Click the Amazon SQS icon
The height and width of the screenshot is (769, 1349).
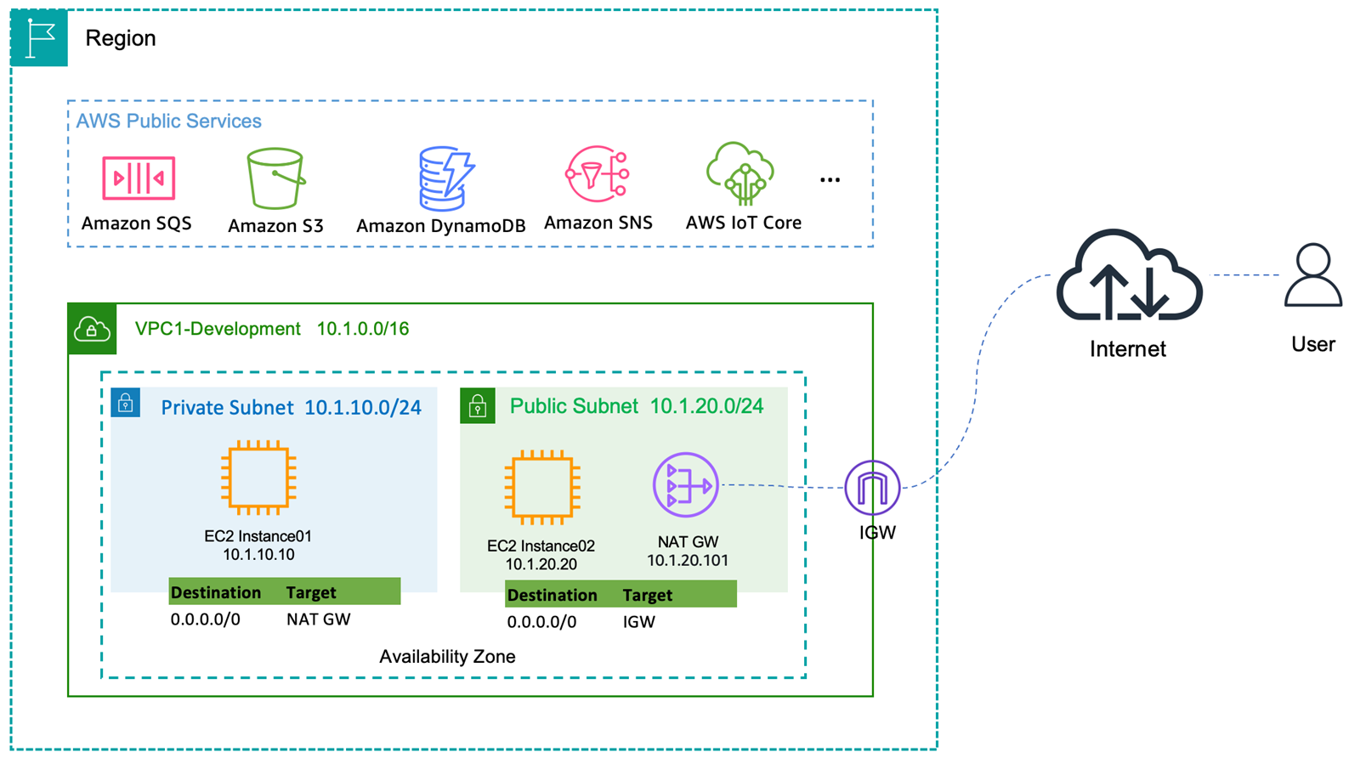(x=139, y=178)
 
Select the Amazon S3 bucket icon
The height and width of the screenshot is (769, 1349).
(x=275, y=178)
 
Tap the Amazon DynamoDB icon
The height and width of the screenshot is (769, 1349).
(x=445, y=178)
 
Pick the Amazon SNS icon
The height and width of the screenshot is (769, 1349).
(x=598, y=174)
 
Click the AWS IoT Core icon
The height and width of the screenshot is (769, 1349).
(x=740, y=174)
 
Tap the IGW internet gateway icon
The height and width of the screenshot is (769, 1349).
(x=873, y=488)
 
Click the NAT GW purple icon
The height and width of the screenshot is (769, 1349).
(x=686, y=485)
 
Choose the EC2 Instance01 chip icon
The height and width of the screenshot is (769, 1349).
(x=258, y=478)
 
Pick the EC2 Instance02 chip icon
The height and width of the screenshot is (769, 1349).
(x=541, y=489)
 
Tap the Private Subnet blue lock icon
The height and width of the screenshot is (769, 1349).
(x=126, y=403)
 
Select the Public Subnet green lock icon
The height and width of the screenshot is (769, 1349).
(x=478, y=406)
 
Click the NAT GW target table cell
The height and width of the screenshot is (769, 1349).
(x=319, y=619)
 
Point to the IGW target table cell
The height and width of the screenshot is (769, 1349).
(x=639, y=622)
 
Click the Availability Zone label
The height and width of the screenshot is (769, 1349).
(x=447, y=657)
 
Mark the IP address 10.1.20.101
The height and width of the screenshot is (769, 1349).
(x=688, y=561)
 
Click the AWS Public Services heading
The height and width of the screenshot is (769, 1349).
(x=168, y=121)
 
